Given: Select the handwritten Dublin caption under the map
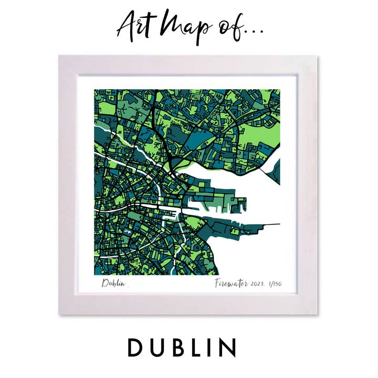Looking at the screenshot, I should click(x=114, y=284).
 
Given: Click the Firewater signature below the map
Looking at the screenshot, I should click(x=231, y=284).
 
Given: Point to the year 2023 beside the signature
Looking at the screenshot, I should click(x=258, y=284).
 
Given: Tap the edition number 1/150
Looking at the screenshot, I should click(x=275, y=284).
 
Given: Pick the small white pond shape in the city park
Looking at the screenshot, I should click(x=128, y=229).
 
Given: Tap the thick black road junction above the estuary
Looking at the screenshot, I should click(x=174, y=154).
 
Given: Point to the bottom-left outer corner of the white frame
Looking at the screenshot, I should click(x=59, y=314).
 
